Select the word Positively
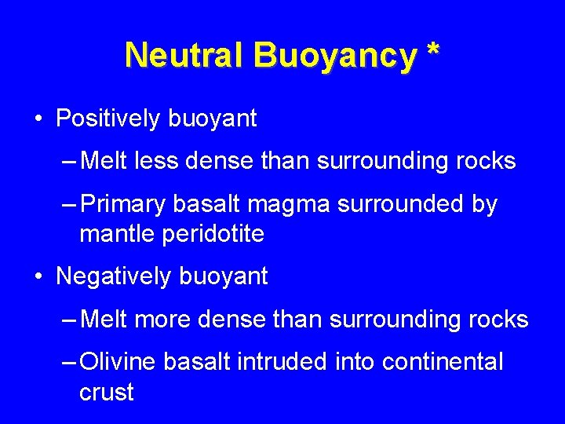click(x=111, y=119)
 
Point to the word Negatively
click(x=116, y=276)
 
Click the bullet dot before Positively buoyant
click(x=38, y=119)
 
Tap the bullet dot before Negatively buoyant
click(x=38, y=277)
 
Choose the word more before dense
click(x=164, y=320)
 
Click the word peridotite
click(x=213, y=233)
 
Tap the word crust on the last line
click(x=107, y=392)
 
